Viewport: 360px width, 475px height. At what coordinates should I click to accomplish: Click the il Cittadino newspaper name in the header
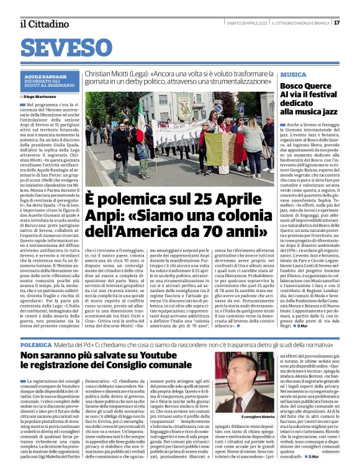(44, 24)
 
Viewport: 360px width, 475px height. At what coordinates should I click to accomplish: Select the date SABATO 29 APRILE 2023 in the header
(246, 23)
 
